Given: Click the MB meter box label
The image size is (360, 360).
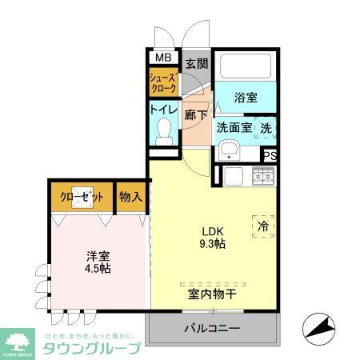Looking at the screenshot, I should click(x=163, y=58).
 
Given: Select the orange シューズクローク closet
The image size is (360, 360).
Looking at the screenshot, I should click(x=163, y=82).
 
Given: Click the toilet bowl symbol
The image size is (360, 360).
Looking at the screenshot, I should click(x=163, y=128).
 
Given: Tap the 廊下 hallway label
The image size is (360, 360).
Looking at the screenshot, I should click(x=195, y=114).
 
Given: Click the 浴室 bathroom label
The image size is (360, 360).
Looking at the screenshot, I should click(x=246, y=98).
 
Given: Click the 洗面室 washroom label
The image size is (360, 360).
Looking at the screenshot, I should click(x=234, y=126).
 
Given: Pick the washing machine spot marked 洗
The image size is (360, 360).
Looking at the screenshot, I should click(x=266, y=127).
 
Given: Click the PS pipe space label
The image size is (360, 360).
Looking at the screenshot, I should click(x=270, y=157).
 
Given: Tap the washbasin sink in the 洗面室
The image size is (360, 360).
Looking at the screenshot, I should click(x=229, y=149).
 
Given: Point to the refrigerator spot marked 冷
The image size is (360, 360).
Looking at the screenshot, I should click(x=263, y=226).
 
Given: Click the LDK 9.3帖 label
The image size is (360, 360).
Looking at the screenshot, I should click(x=214, y=233).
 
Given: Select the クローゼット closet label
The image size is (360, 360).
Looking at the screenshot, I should click(x=82, y=196).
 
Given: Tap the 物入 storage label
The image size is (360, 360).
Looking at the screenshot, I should click(x=131, y=196).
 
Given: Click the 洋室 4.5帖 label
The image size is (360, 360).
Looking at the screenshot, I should click(x=98, y=262).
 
